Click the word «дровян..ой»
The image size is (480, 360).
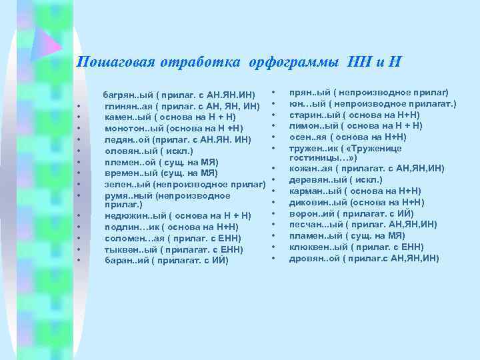[312, 259]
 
